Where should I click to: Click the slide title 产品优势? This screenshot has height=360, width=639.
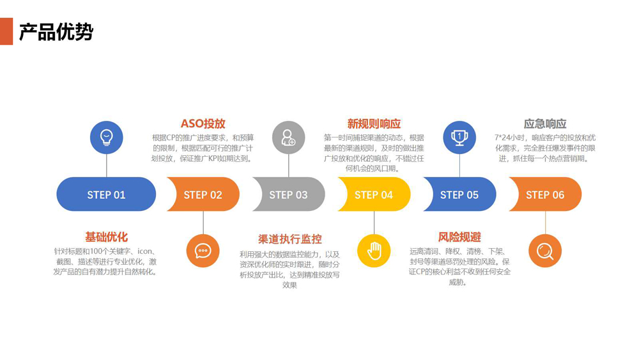(x=56, y=31)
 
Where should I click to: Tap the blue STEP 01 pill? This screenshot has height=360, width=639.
(x=106, y=194)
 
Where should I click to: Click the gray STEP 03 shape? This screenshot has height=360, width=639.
(x=289, y=194)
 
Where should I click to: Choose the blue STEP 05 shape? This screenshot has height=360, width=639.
(x=460, y=194)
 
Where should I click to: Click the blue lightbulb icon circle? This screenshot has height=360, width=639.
(x=106, y=137)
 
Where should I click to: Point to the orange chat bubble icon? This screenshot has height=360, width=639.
(x=203, y=251)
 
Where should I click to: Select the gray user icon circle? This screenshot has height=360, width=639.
(x=289, y=137)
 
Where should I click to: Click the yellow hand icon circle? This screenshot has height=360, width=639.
(x=374, y=251)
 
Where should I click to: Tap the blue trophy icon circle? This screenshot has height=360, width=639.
(x=459, y=137)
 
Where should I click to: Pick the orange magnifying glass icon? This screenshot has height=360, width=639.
(x=545, y=251)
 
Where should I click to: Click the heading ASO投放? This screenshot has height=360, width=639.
(x=203, y=123)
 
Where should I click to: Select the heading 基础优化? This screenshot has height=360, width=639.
(x=106, y=237)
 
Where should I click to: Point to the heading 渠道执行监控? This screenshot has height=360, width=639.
(x=289, y=239)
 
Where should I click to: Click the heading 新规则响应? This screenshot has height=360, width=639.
(x=374, y=123)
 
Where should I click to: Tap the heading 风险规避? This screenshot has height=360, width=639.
(x=459, y=237)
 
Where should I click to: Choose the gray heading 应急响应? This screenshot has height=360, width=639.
(x=545, y=123)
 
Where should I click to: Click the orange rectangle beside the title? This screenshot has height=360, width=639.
(x=6, y=31)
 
